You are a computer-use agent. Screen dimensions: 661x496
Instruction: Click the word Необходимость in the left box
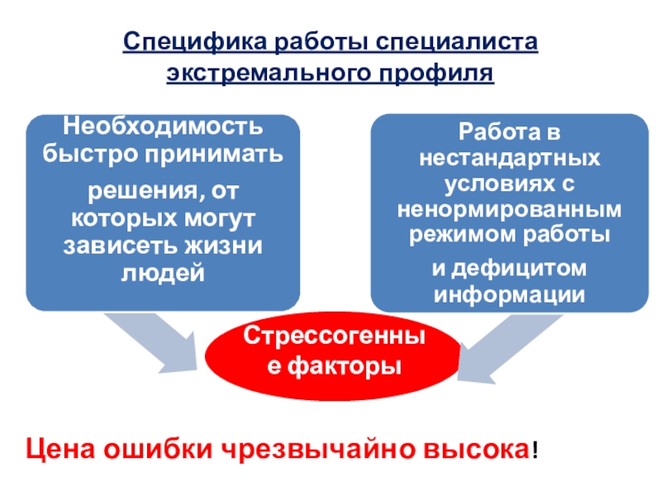pos(164,129)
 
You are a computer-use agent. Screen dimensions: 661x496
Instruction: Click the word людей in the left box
pos(163,272)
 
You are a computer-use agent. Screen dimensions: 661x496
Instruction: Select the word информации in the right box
pos(509,295)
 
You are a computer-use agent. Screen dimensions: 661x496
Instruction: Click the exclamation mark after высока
pos(538,451)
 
